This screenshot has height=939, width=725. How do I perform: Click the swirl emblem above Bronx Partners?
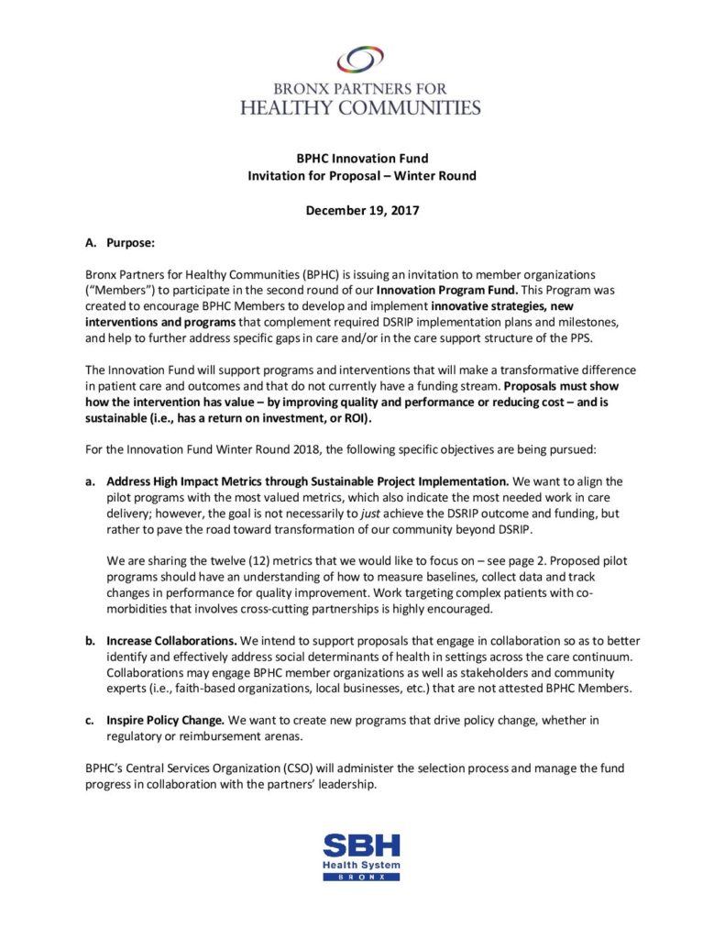(360, 60)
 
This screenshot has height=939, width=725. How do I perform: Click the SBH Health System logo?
(361, 856)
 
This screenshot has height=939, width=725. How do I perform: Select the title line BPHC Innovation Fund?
(362, 159)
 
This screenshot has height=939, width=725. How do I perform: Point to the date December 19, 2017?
(362, 210)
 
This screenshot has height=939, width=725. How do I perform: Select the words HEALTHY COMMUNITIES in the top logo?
(360, 106)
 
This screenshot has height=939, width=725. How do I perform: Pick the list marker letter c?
(90, 720)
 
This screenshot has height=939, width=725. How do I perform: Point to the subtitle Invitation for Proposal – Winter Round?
(362, 175)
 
